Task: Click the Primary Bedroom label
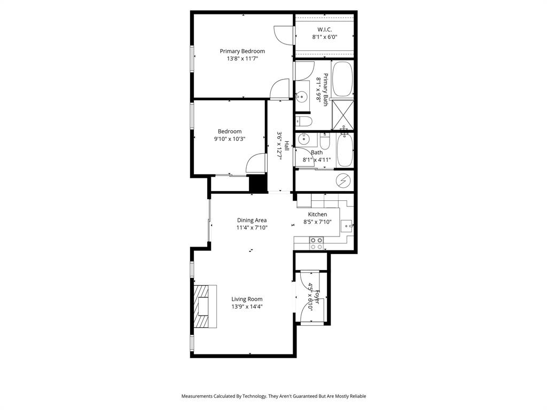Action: coord(242,51)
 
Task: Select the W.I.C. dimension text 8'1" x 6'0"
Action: coord(325,37)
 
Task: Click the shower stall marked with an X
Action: coord(343,114)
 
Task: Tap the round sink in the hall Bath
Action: coord(303,140)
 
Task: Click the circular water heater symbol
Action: coord(342,181)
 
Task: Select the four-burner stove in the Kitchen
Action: coord(316,243)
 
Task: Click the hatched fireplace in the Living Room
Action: coord(205,306)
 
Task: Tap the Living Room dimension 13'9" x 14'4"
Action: coord(247,307)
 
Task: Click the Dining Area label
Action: coord(252,220)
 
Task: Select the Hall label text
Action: coord(287,146)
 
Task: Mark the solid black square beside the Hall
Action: coord(257,183)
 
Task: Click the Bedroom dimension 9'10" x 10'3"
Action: coord(230,139)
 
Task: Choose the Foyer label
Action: coord(317,296)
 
